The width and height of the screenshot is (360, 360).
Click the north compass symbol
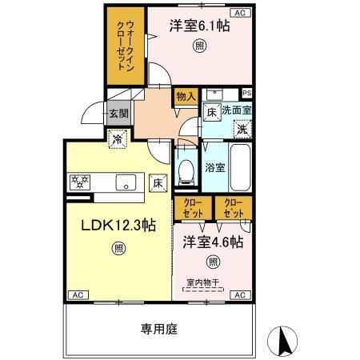282,341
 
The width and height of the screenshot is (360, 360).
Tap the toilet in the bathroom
186,172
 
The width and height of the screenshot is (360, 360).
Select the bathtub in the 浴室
240,167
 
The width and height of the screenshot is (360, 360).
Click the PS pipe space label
247,93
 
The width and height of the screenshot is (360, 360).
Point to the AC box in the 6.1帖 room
240,13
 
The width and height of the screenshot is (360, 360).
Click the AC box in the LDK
78,295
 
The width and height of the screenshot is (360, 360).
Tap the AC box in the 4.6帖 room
240,295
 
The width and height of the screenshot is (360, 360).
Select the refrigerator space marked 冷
117,138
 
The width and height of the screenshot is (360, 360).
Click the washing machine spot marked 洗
242,130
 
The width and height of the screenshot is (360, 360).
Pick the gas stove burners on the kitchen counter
80,182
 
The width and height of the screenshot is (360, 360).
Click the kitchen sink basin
126,182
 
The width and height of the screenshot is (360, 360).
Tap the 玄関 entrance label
119,114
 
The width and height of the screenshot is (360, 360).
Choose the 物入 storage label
186,96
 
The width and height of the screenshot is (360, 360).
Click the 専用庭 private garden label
159,329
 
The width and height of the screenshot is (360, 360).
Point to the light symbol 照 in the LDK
118,249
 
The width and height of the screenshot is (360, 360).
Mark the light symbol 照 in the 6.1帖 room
200,46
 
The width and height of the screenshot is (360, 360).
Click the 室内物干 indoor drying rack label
203,282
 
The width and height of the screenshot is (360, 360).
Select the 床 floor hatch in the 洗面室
212,112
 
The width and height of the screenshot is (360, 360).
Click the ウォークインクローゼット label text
126,46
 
